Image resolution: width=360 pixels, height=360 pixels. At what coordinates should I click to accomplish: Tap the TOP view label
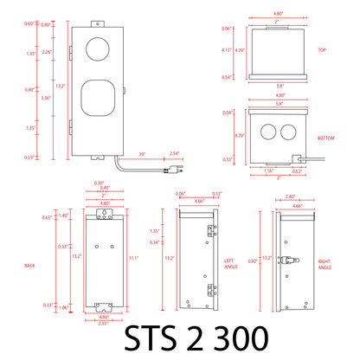pyautogui.click(x=321, y=51)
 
